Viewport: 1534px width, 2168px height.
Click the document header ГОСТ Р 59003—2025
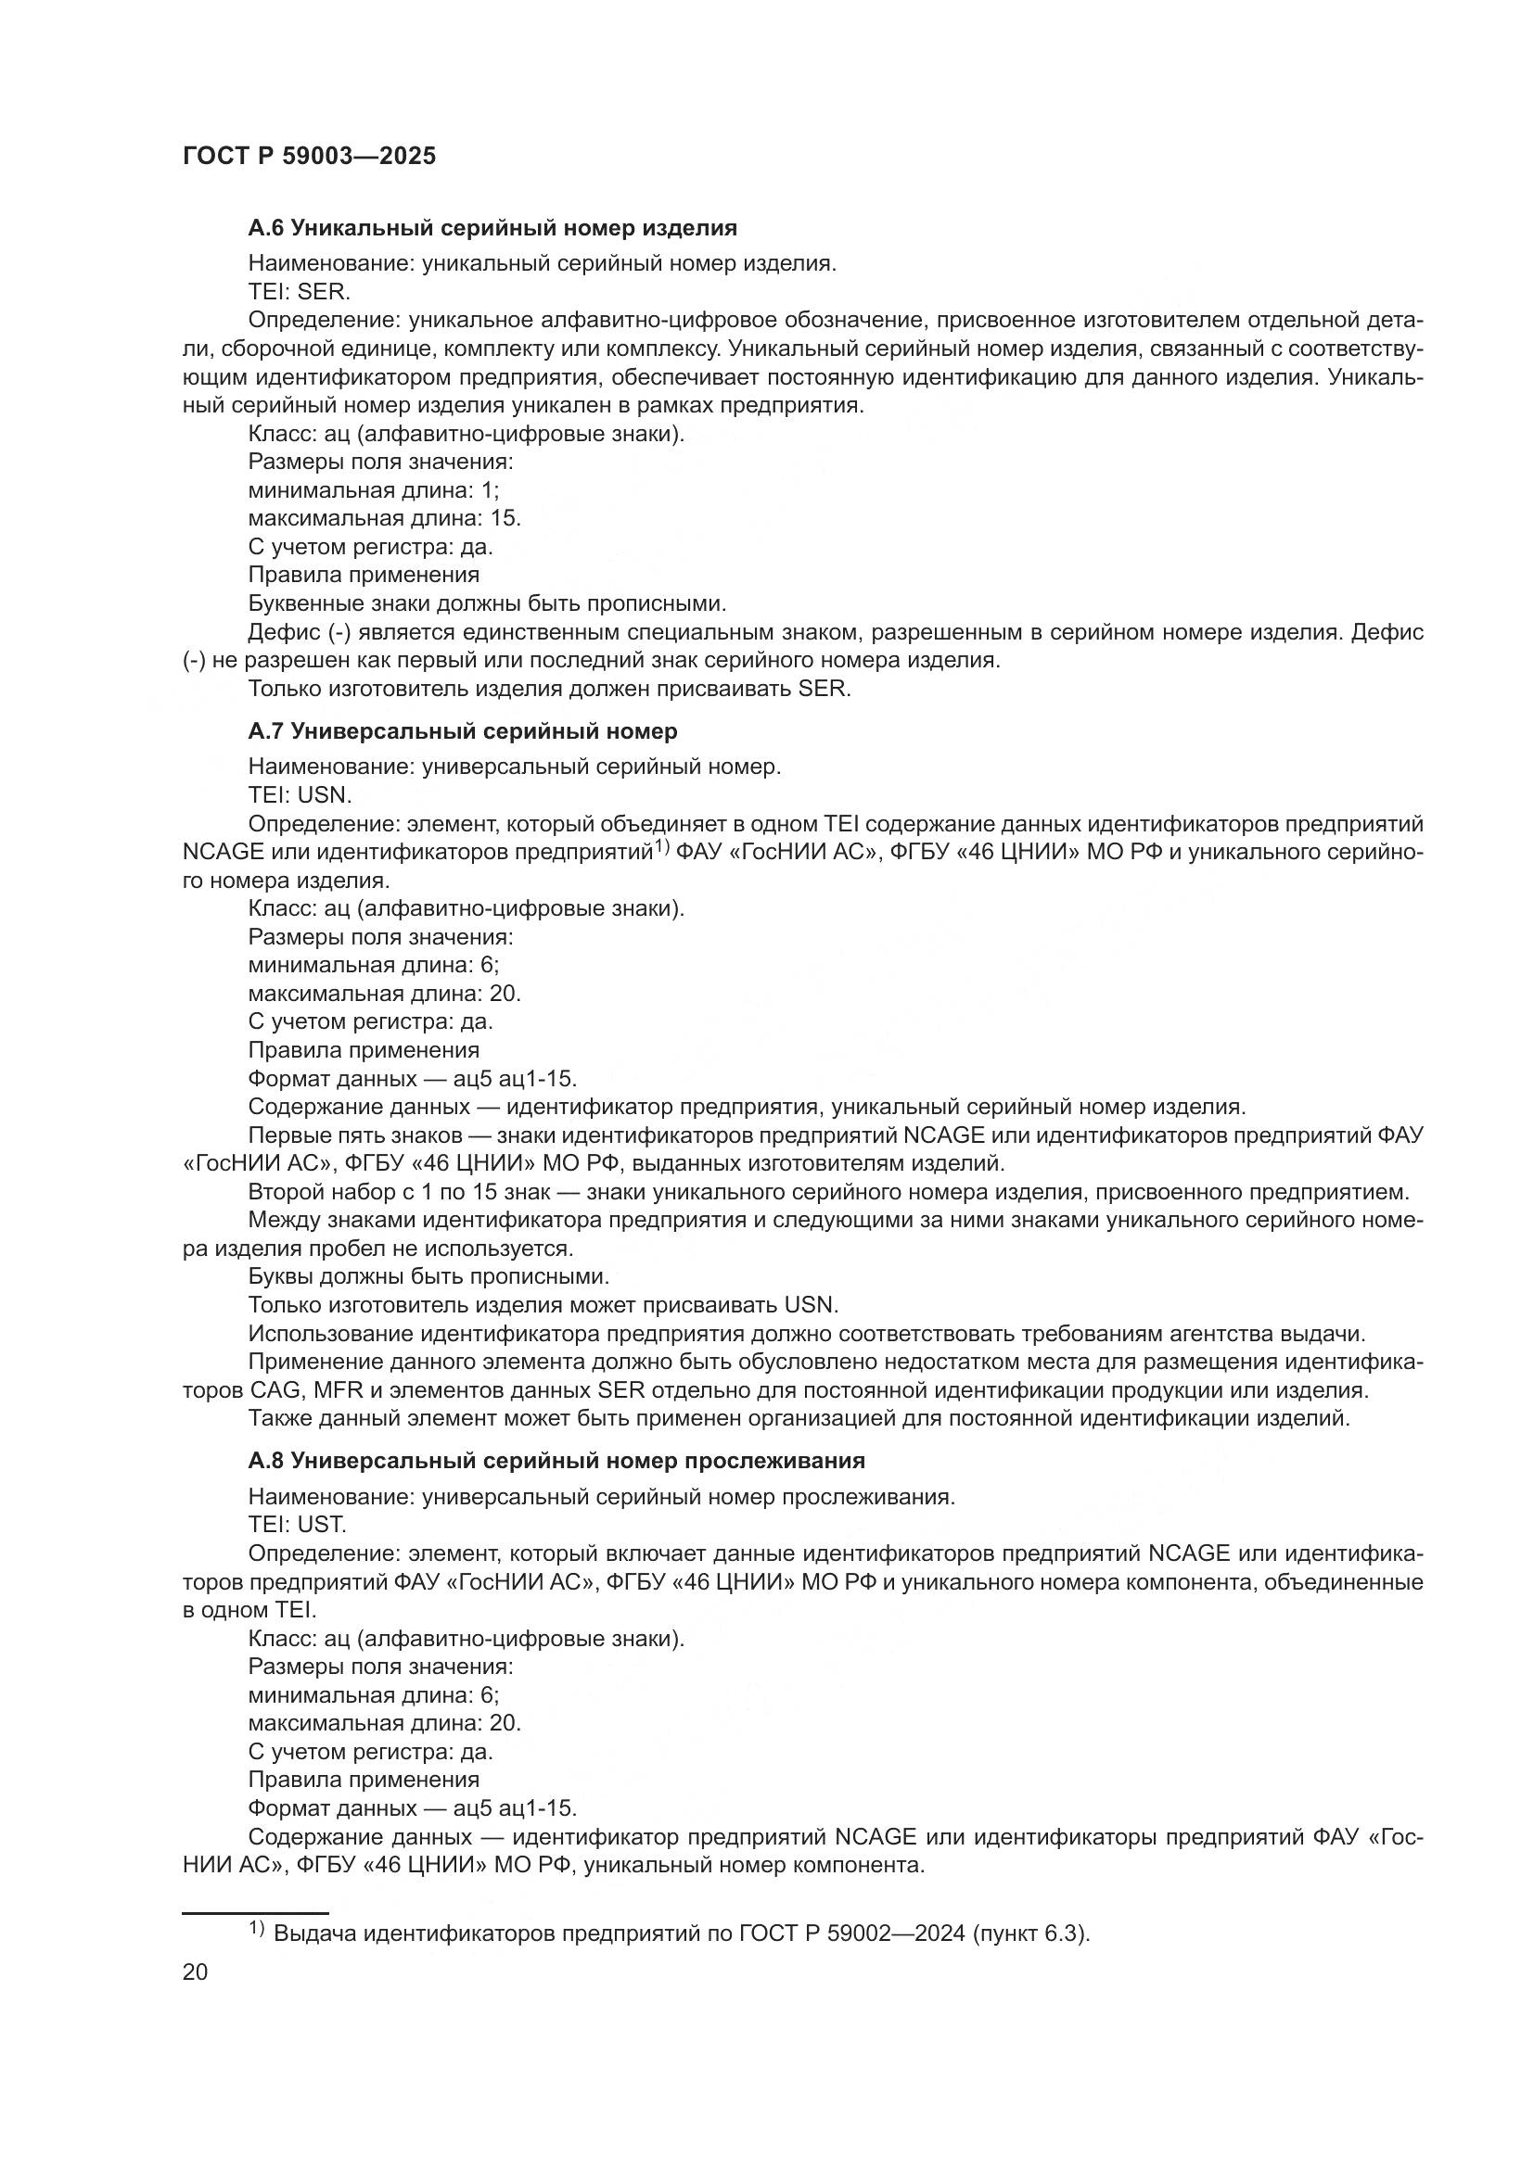pos(309,157)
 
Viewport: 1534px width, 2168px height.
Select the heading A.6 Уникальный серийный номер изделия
pos(492,228)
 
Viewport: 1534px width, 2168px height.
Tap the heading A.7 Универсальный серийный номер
pos(463,730)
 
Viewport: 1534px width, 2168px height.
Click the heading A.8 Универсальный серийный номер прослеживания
pos(556,1461)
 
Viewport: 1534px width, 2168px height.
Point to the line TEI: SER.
pos(300,292)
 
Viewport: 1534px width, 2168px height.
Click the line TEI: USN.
pos(300,795)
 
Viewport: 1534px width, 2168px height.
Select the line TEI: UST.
pos(298,1525)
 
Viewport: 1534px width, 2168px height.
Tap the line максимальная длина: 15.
pos(385,518)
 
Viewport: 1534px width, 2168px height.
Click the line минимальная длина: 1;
pos(374,490)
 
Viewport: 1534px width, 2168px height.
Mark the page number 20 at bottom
pos(196,1971)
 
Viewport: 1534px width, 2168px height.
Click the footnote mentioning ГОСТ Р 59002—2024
pos(680,1933)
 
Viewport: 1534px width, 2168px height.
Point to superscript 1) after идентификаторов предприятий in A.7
pos(662,847)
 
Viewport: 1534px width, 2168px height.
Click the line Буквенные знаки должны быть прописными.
pos(488,603)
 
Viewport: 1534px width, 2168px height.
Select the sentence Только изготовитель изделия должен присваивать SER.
pos(550,689)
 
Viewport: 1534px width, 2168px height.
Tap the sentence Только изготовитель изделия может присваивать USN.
pos(543,1305)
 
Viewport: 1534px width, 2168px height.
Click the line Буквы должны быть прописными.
pos(428,1276)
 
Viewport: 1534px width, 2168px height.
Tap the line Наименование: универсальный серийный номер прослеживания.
pos(602,1497)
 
